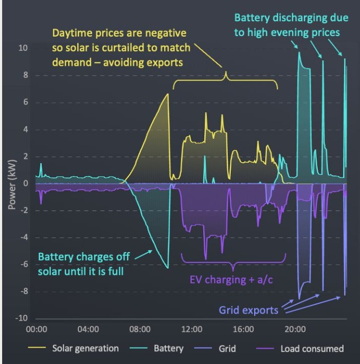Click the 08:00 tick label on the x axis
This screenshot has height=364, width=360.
click(140, 329)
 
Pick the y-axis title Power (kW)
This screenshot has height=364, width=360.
click(12, 183)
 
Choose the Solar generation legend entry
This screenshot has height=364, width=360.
click(85, 349)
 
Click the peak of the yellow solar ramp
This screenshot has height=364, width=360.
click(168, 94)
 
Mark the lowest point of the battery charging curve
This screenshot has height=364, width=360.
click(168, 268)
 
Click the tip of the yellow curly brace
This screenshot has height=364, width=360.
click(226, 72)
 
